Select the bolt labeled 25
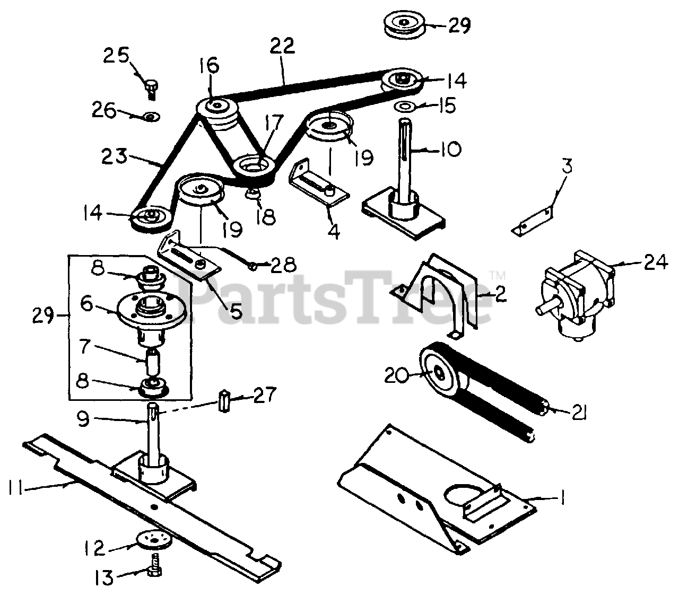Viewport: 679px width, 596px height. click(x=151, y=87)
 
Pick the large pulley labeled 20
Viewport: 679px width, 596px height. click(x=438, y=372)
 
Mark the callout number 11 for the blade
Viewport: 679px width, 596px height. click(x=16, y=486)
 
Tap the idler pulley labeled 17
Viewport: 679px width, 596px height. click(x=254, y=169)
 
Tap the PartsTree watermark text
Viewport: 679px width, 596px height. click(x=339, y=300)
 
